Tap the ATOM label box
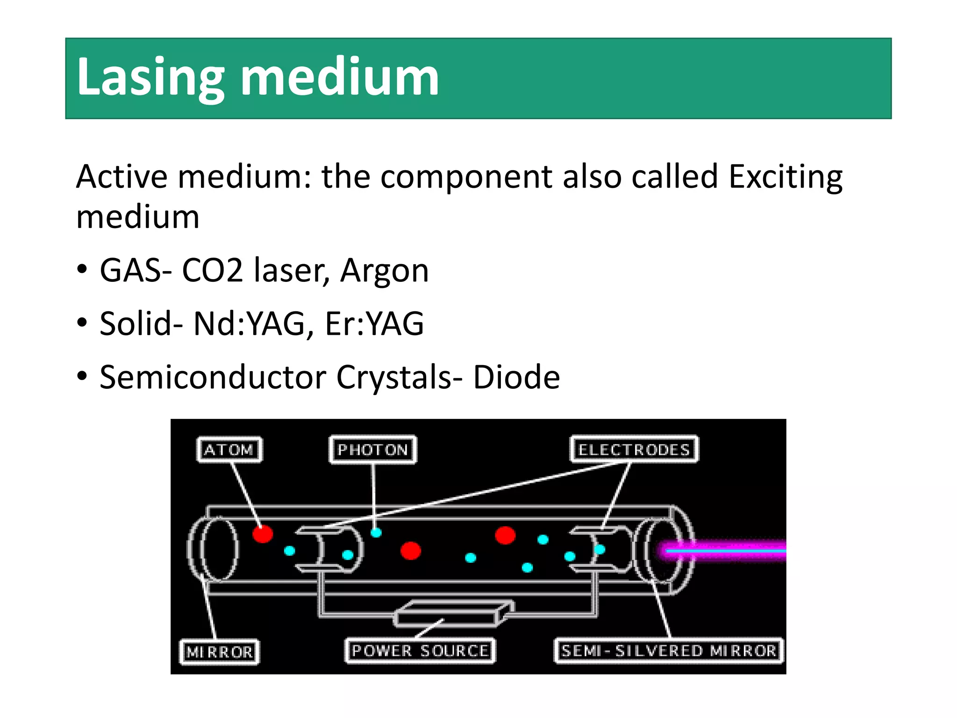[x=229, y=450]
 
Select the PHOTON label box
[x=372, y=450]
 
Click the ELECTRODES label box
[x=634, y=450]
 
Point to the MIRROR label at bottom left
[x=219, y=652]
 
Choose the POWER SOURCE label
[x=420, y=651]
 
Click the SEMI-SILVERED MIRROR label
[x=669, y=651]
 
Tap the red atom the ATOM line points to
[x=263, y=533]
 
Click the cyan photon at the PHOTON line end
[x=376, y=532]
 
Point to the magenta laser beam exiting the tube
[x=729, y=551]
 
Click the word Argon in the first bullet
[x=384, y=271]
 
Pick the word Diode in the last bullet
[x=516, y=377]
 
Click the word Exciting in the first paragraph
[x=786, y=177]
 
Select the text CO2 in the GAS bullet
[x=213, y=271]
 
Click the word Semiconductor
[x=213, y=377]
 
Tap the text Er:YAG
[x=374, y=324]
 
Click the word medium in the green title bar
[x=340, y=77]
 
